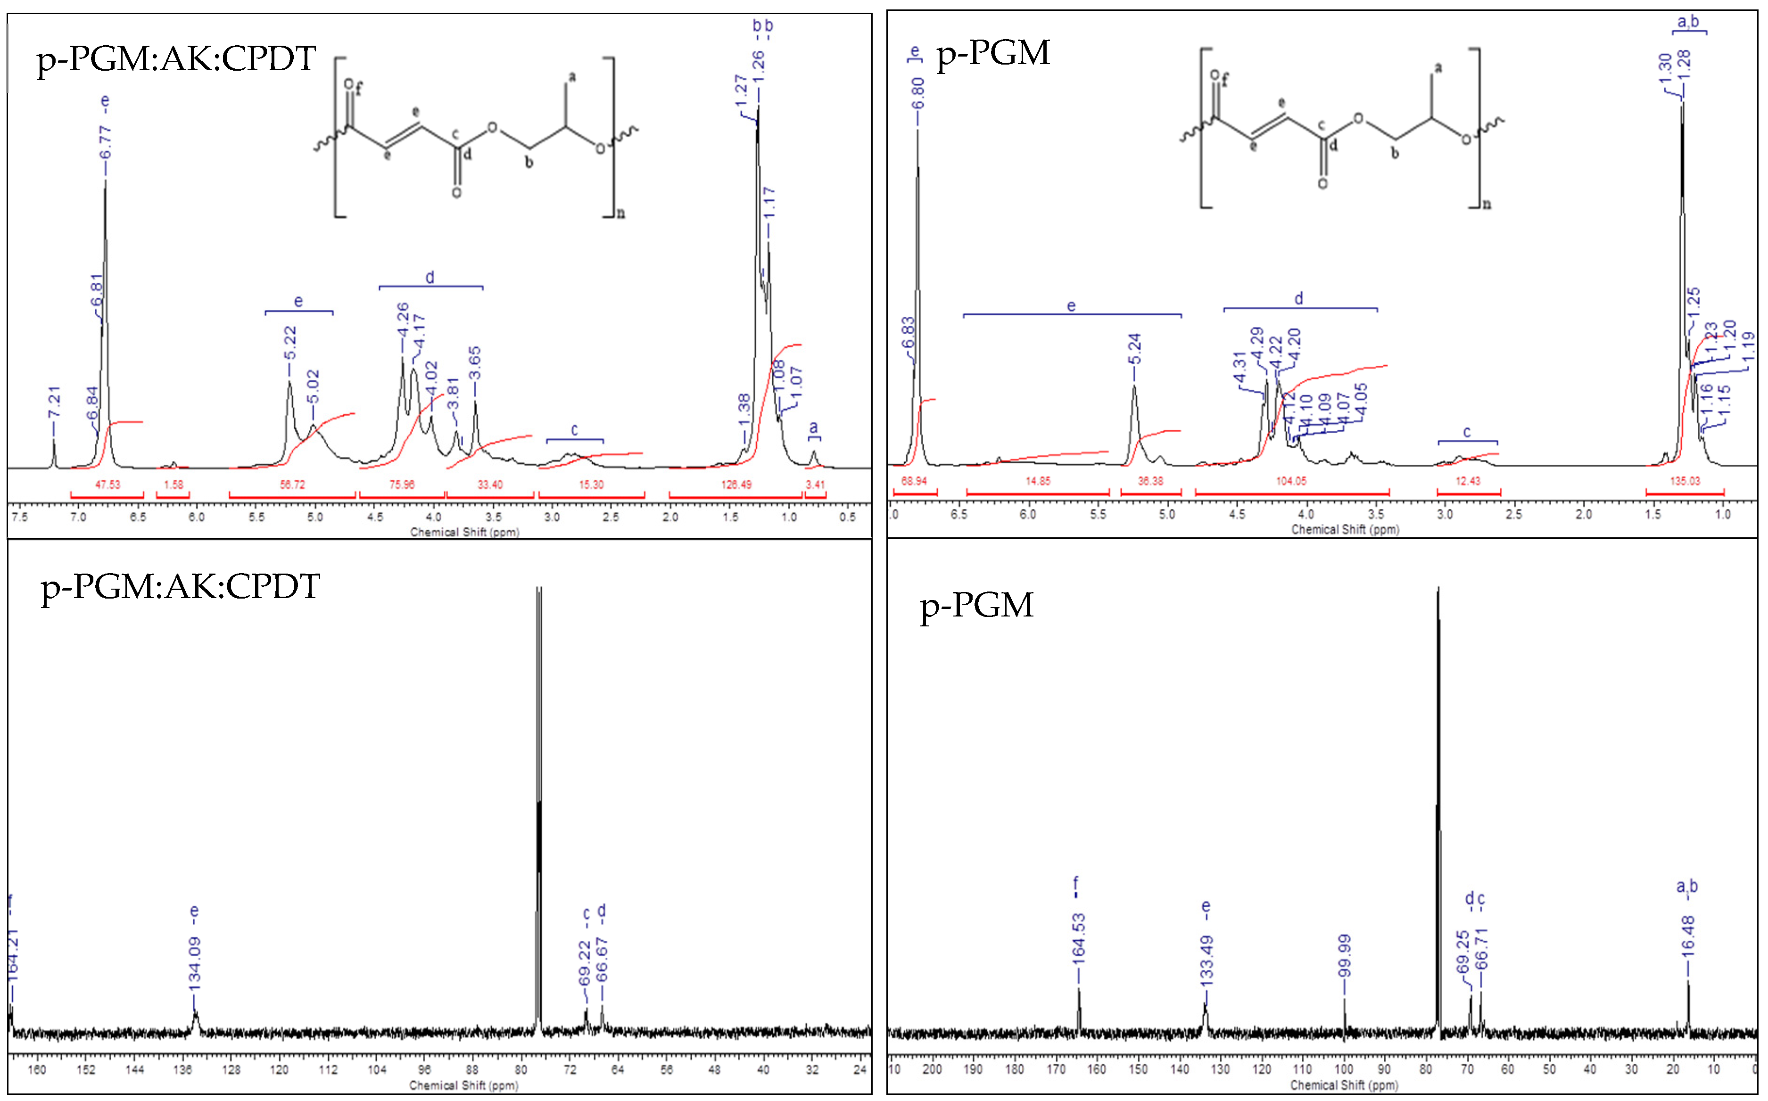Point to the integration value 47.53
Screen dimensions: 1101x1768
coord(108,484)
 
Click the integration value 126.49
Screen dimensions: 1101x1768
coord(736,484)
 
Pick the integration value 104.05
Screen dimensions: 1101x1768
coord(1290,481)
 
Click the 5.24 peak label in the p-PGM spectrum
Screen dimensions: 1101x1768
coord(1134,350)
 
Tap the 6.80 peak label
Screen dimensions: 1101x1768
coord(918,93)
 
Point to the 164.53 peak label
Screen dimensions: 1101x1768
coord(1078,939)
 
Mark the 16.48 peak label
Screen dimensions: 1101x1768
coord(1688,937)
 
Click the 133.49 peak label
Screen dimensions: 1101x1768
coord(1206,961)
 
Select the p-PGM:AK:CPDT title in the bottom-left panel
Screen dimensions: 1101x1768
coord(180,586)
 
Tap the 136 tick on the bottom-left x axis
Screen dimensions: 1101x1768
coord(183,1070)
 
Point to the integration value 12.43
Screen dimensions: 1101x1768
coord(1468,481)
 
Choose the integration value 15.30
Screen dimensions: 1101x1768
coord(591,484)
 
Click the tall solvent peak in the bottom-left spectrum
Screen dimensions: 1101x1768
coord(539,801)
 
